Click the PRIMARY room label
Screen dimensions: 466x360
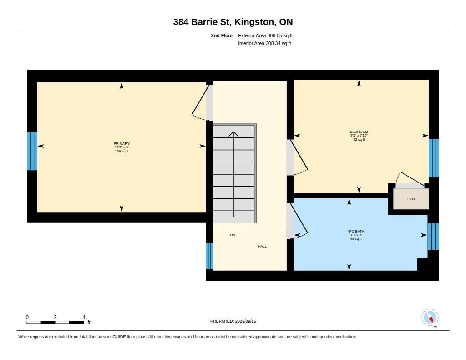(x=122, y=143)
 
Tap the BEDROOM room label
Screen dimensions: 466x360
(x=359, y=132)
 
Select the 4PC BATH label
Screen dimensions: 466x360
(x=356, y=231)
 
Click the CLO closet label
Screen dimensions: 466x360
(x=411, y=199)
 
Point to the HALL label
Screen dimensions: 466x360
(x=262, y=246)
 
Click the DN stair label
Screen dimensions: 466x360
(x=233, y=235)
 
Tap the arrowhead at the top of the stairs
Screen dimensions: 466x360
(x=233, y=134)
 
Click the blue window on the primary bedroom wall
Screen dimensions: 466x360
(x=32, y=151)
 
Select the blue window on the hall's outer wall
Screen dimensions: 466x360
(x=209, y=256)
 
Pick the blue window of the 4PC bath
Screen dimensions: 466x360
(x=433, y=237)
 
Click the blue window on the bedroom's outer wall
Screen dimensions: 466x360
(x=434, y=158)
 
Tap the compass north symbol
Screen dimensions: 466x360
(x=430, y=318)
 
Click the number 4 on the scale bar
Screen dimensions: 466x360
(x=84, y=317)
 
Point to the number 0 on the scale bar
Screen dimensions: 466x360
(x=27, y=317)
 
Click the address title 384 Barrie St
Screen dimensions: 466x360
(x=202, y=22)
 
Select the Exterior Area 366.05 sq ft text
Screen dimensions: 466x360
(x=265, y=35)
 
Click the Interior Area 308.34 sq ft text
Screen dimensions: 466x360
(x=264, y=43)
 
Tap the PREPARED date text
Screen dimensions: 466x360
(x=233, y=321)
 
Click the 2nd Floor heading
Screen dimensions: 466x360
(x=222, y=35)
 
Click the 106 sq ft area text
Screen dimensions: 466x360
(x=122, y=151)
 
